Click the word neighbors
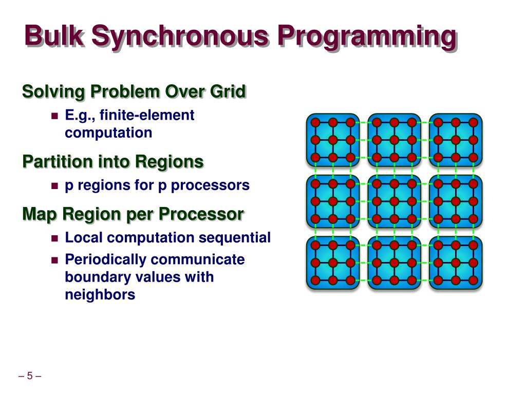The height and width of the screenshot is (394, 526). pos(100,295)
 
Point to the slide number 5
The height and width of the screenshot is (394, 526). pos(30,376)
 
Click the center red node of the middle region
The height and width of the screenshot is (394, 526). pos(394,201)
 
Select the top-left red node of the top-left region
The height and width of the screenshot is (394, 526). pos(315,123)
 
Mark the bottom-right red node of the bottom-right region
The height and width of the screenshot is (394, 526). pos(474,280)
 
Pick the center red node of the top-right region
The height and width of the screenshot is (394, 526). pos(456,140)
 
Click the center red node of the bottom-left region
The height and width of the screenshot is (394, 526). pos(333,263)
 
